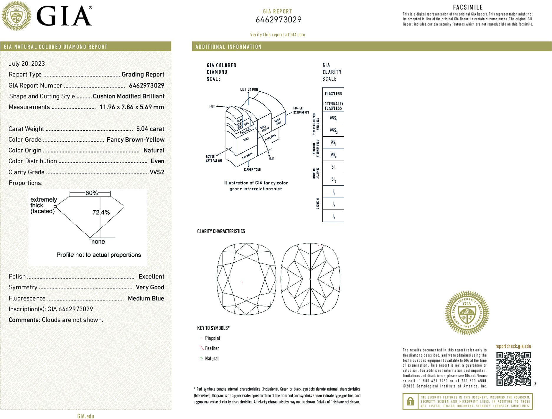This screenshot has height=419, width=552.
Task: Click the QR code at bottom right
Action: click(x=513, y=369)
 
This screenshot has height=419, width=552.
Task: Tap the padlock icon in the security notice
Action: click(x=410, y=401)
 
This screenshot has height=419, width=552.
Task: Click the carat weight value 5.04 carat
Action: click(x=150, y=129)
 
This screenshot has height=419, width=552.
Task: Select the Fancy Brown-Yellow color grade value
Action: click(x=136, y=140)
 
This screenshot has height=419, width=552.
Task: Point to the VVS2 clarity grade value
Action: click(x=157, y=172)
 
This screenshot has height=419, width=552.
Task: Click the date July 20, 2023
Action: click(x=27, y=64)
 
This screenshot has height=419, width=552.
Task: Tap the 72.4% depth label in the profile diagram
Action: click(x=101, y=212)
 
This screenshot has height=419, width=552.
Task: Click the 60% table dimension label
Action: click(x=91, y=193)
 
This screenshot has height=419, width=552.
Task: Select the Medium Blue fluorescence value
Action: click(x=146, y=298)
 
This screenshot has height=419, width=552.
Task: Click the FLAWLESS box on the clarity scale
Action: click(x=333, y=94)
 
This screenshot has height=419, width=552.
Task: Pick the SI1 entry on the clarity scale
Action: click(x=333, y=167)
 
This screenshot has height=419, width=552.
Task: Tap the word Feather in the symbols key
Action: click(x=212, y=348)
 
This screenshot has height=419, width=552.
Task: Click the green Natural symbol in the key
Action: click(x=201, y=358)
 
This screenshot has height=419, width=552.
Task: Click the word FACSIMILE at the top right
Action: click(x=468, y=7)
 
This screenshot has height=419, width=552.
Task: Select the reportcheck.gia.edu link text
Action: click(x=513, y=346)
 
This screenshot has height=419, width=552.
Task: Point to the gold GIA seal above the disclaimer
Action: click(x=467, y=313)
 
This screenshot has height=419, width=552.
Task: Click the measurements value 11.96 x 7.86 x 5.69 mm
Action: click(x=132, y=107)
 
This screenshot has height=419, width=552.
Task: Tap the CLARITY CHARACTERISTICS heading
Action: click(x=221, y=231)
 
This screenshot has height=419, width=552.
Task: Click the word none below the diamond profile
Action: click(x=98, y=242)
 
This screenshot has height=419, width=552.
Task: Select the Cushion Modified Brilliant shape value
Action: click(x=129, y=96)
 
